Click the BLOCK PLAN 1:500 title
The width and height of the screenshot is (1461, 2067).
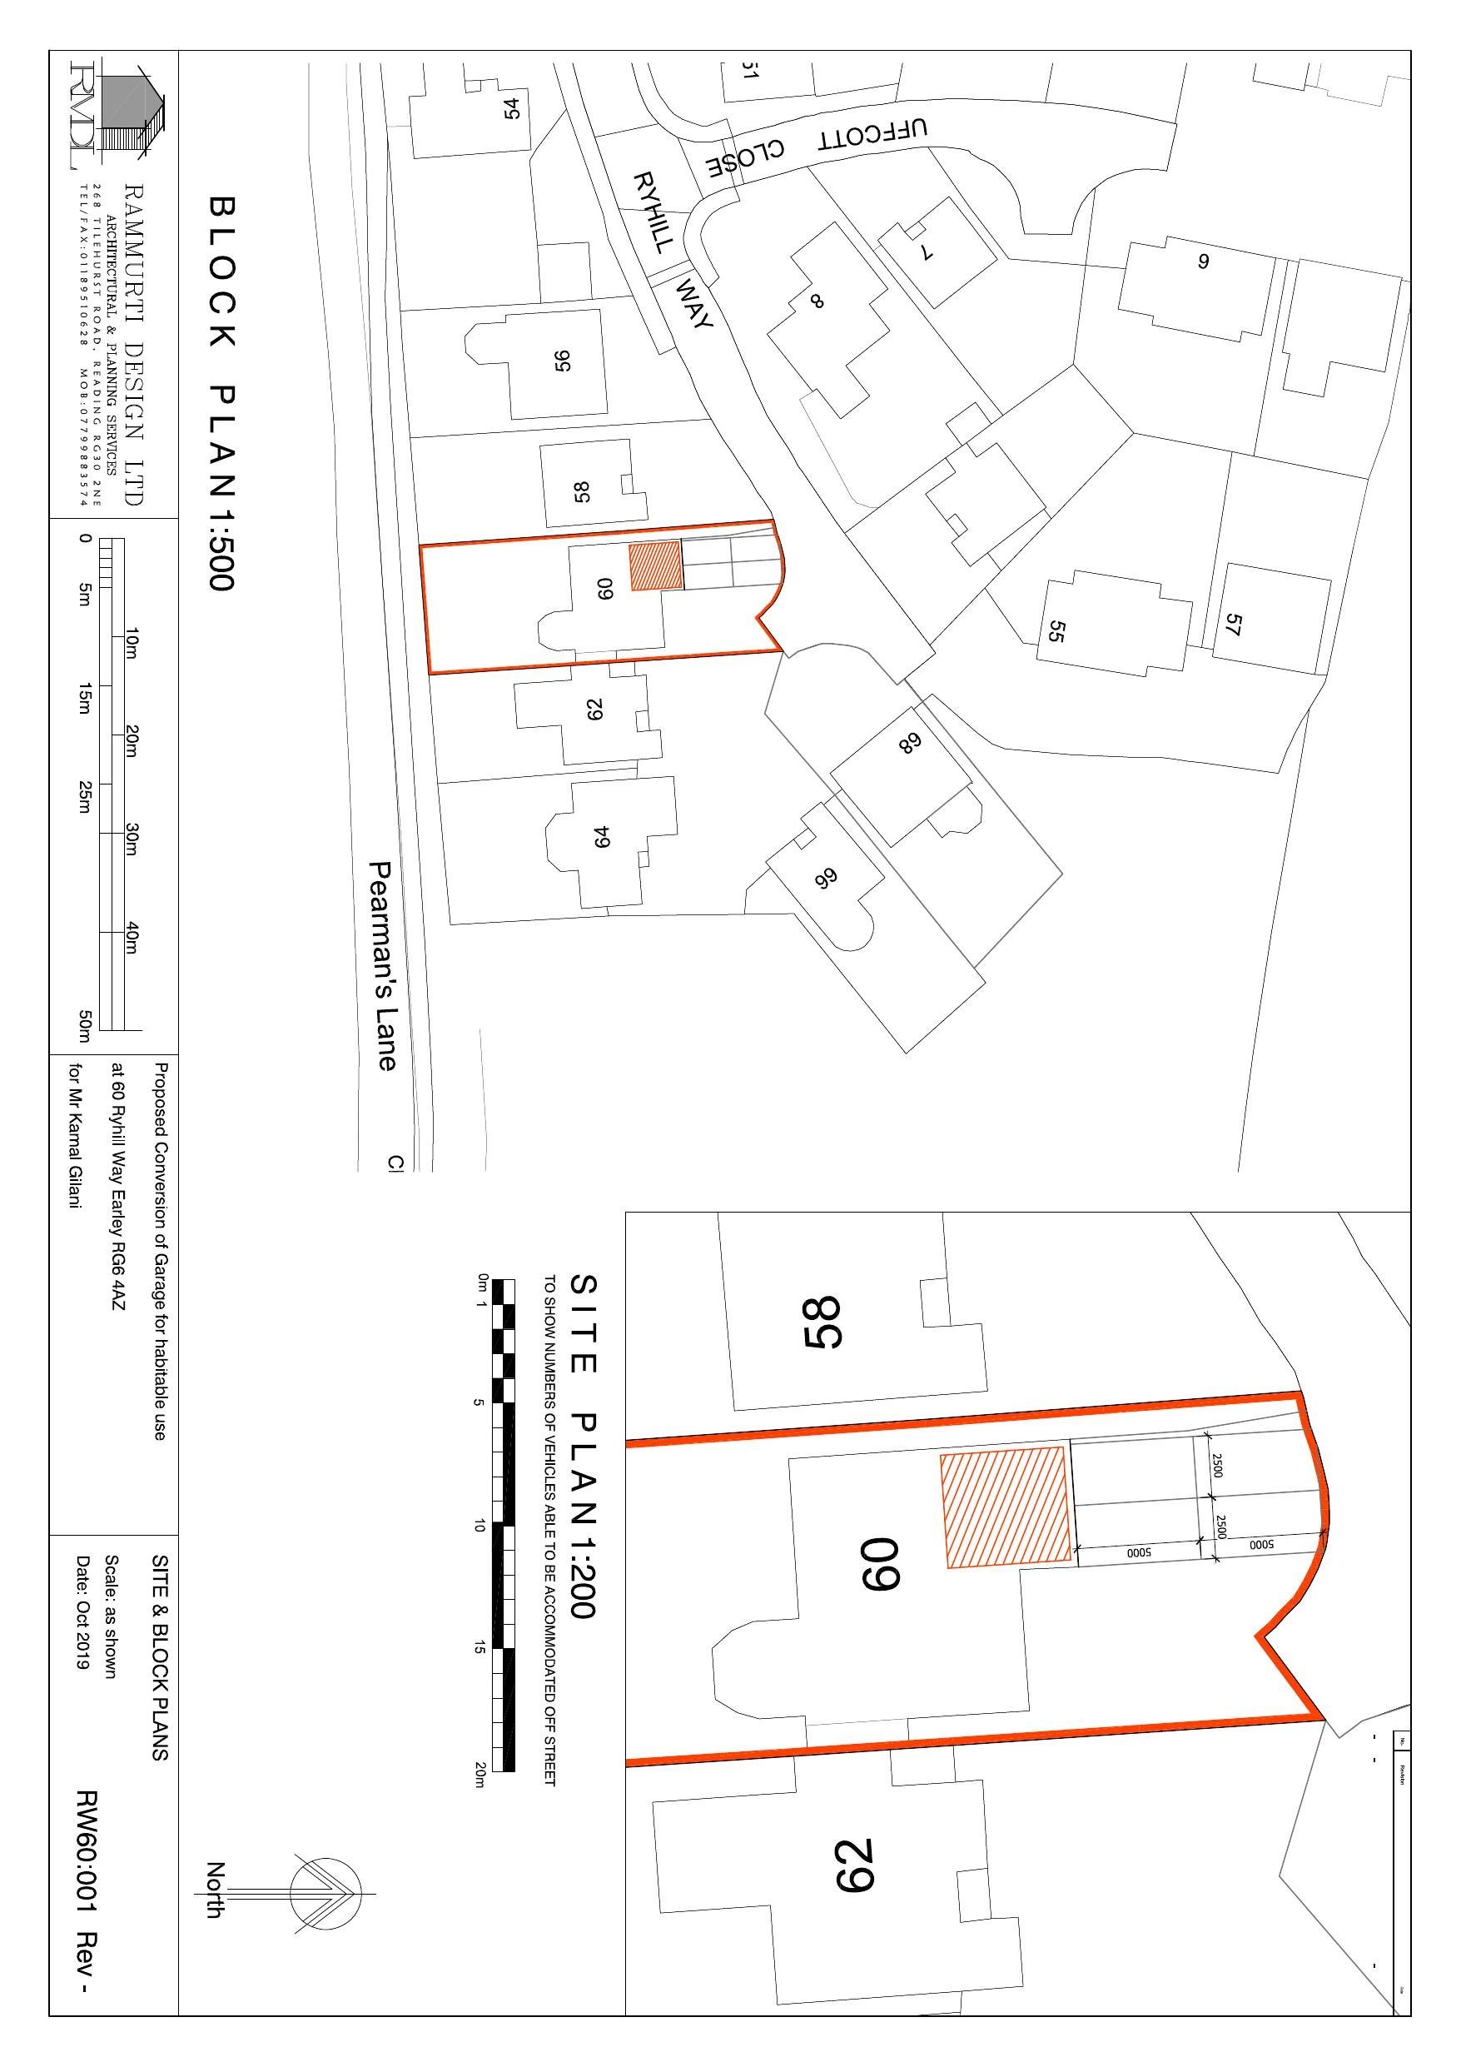coord(221,393)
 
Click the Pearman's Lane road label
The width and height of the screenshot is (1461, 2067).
coord(384,966)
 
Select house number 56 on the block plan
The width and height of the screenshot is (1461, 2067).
coord(564,360)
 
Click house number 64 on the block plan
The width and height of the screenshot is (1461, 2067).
coord(601,836)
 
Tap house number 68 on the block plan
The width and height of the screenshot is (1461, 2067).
coord(909,744)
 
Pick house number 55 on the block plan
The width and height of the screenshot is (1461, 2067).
coord(1056,632)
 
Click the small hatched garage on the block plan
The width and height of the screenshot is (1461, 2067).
coord(655,566)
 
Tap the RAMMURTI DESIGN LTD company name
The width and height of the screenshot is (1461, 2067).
coord(134,344)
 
